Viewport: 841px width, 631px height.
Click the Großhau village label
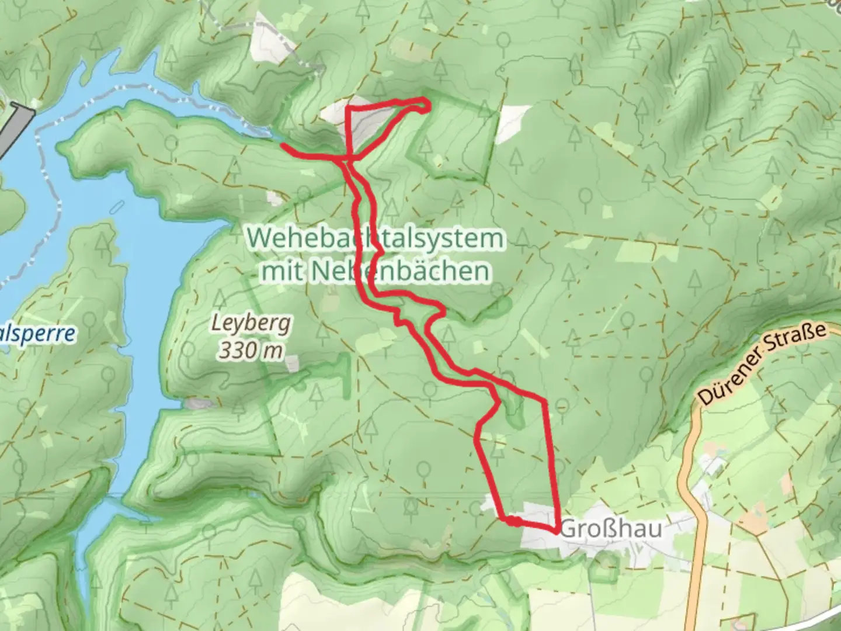[x=612, y=529]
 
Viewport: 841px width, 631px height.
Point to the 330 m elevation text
[x=251, y=351]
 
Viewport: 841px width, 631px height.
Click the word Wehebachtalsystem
[x=375, y=238]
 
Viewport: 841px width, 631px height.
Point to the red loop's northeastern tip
[x=429, y=105]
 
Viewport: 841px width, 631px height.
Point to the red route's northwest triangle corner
[x=349, y=109]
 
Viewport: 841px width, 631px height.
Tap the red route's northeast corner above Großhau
[x=544, y=401]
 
